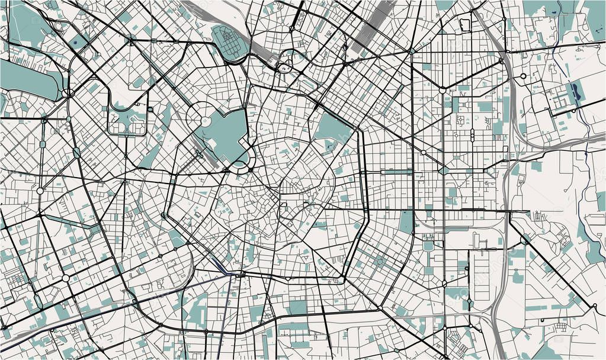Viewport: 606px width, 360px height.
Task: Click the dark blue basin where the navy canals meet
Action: point(228,274)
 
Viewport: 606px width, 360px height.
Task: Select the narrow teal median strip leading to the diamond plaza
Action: point(397,172)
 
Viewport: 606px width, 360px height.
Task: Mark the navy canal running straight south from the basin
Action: point(220,320)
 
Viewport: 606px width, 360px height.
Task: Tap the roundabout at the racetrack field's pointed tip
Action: point(66,93)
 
